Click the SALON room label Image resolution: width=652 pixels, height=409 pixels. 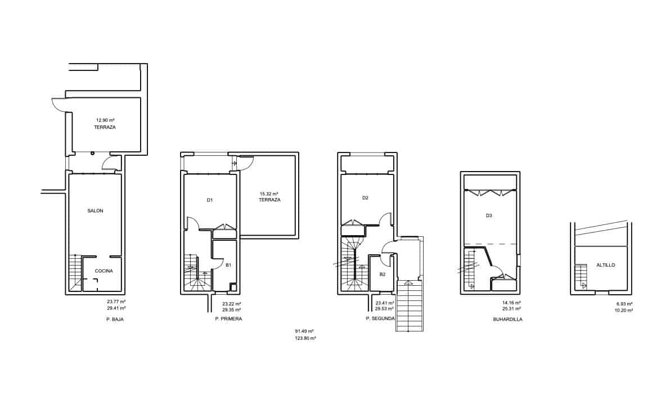[95, 211]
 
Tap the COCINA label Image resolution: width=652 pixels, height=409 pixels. [104, 271]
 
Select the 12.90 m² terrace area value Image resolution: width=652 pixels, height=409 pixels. [105, 120]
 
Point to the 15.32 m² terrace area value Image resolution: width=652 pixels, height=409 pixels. [269, 194]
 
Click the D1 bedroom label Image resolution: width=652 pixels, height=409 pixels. [209, 200]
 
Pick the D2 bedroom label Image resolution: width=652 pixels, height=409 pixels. [365, 198]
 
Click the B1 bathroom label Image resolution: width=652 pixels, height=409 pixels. [228, 265]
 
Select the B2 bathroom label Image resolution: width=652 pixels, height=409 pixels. [382, 275]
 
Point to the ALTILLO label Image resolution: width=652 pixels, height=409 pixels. [606, 265]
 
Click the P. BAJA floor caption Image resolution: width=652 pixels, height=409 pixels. [114, 319]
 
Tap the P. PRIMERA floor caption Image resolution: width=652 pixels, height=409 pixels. [228, 319]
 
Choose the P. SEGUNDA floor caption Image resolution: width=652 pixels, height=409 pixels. [380, 318]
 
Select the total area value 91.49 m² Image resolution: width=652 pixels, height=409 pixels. [304, 331]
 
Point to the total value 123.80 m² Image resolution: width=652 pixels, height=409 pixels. [305, 339]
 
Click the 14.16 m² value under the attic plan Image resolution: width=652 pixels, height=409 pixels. [511, 303]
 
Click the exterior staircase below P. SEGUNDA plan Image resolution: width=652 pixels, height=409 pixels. [410, 306]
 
